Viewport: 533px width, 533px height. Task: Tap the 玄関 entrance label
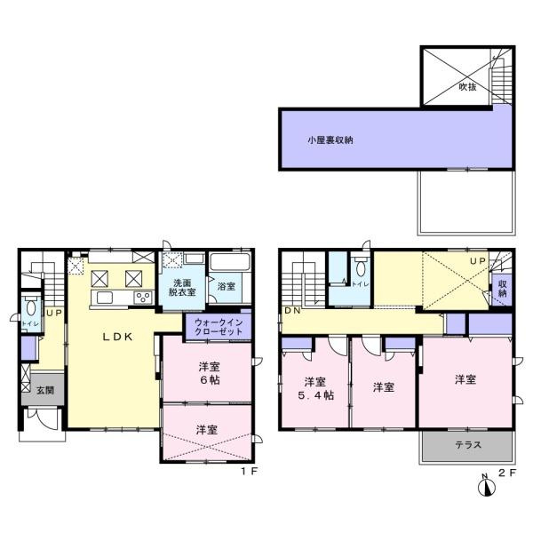(x=44, y=390)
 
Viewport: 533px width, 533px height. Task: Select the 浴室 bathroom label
(x=227, y=286)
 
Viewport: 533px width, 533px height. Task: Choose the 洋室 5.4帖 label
(x=314, y=388)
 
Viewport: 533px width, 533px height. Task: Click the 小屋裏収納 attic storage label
(x=330, y=139)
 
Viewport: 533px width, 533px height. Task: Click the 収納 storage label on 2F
(x=503, y=288)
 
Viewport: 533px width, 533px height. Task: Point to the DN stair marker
(x=292, y=311)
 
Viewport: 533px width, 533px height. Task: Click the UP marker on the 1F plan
(x=53, y=313)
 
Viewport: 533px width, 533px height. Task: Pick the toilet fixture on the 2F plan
(x=357, y=266)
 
